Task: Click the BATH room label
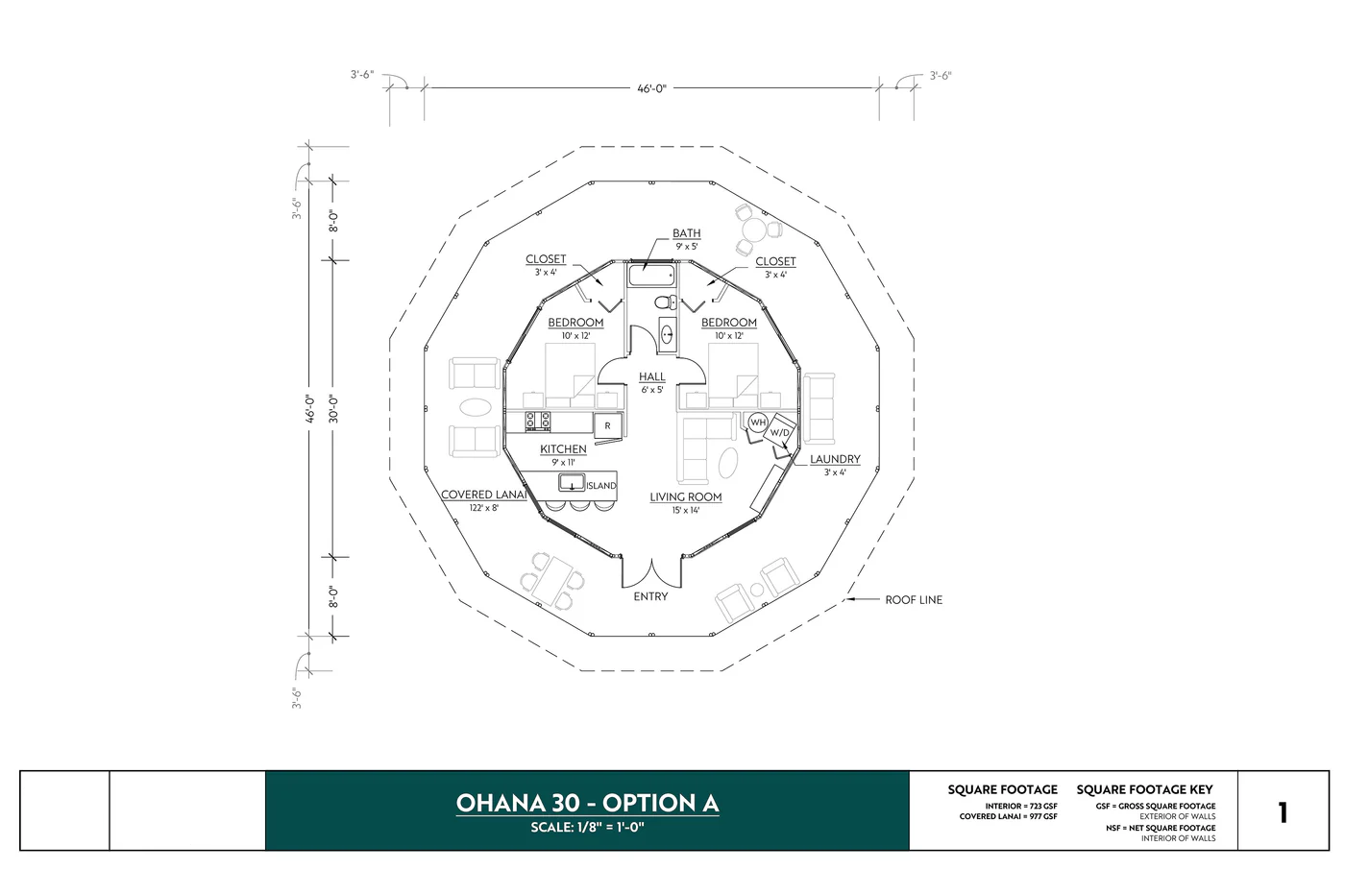686,233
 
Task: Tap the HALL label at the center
651,377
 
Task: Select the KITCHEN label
563,449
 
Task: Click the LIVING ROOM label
685,497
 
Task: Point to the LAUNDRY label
834,459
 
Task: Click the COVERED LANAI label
483,495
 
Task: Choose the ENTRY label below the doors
650,596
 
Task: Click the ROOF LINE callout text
913,600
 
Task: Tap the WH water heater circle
757,423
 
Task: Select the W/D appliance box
780,432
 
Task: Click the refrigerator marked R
607,425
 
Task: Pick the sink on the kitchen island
572,484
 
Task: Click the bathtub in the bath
651,276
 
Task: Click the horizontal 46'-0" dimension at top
651,88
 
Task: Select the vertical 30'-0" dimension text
332,408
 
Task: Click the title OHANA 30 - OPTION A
587,803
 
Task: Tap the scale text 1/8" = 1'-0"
587,828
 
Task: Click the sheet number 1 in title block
1282,812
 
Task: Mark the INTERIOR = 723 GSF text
1020,806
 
